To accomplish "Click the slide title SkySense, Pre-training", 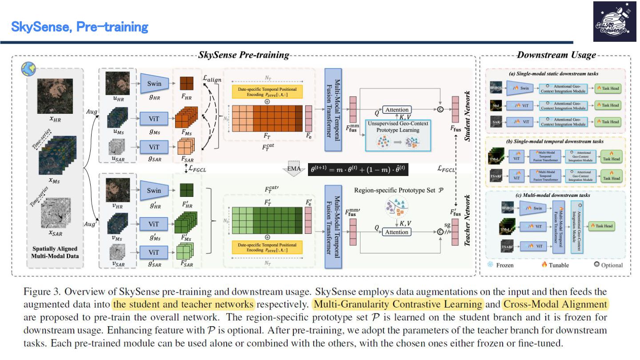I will [80, 27].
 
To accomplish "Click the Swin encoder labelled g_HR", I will [154, 84].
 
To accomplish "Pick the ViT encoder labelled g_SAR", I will [154, 147].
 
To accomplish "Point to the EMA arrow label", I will [293, 169].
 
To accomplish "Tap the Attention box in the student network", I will [396, 110].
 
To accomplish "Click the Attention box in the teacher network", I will [396, 232].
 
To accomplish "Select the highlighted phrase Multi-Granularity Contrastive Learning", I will [397, 304].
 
